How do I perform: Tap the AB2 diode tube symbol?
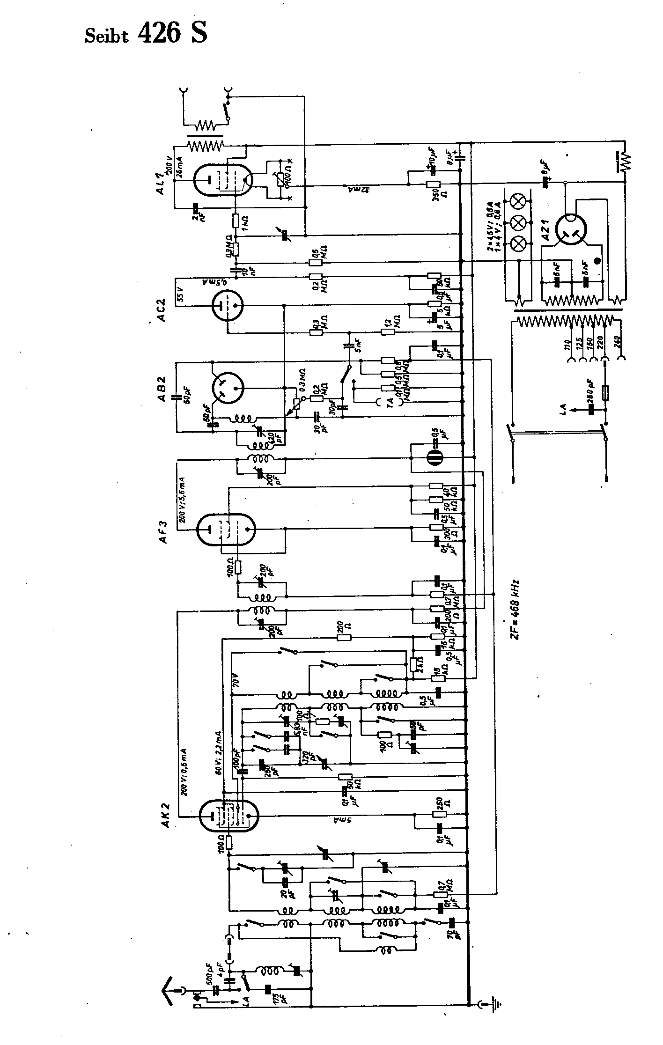pyautogui.click(x=228, y=388)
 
